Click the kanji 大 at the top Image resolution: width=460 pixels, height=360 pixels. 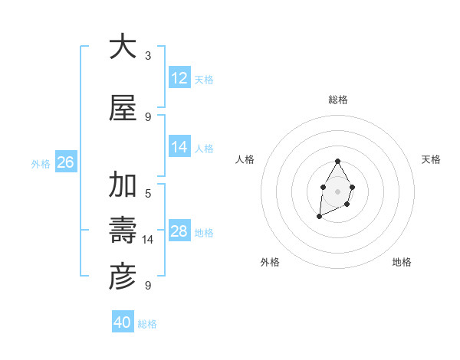[122, 47]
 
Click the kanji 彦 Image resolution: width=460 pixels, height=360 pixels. [122, 277]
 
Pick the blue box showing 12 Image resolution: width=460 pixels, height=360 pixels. [179, 78]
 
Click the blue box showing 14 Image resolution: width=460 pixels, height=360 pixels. [179, 147]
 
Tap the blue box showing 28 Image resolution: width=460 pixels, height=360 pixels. [179, 231]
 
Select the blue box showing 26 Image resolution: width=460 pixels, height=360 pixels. [65, 162]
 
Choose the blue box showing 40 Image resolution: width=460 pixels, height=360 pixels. [123, 322]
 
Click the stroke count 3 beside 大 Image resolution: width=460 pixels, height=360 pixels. [148, 56]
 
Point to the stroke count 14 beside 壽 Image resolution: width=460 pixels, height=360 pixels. [148, 240]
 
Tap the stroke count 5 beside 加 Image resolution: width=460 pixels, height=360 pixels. [148, 194]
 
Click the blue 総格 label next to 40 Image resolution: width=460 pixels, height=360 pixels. [147, 324]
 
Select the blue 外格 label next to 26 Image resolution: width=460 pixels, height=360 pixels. [41, 163]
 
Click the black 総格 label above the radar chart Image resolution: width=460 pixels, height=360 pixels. [337, 100]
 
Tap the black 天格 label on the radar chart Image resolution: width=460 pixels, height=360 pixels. [432, 159]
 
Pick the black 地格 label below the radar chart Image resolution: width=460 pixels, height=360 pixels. [402, 262]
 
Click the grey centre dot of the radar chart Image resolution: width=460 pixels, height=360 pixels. [337, 190]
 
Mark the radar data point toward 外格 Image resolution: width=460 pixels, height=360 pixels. [319, 218]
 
